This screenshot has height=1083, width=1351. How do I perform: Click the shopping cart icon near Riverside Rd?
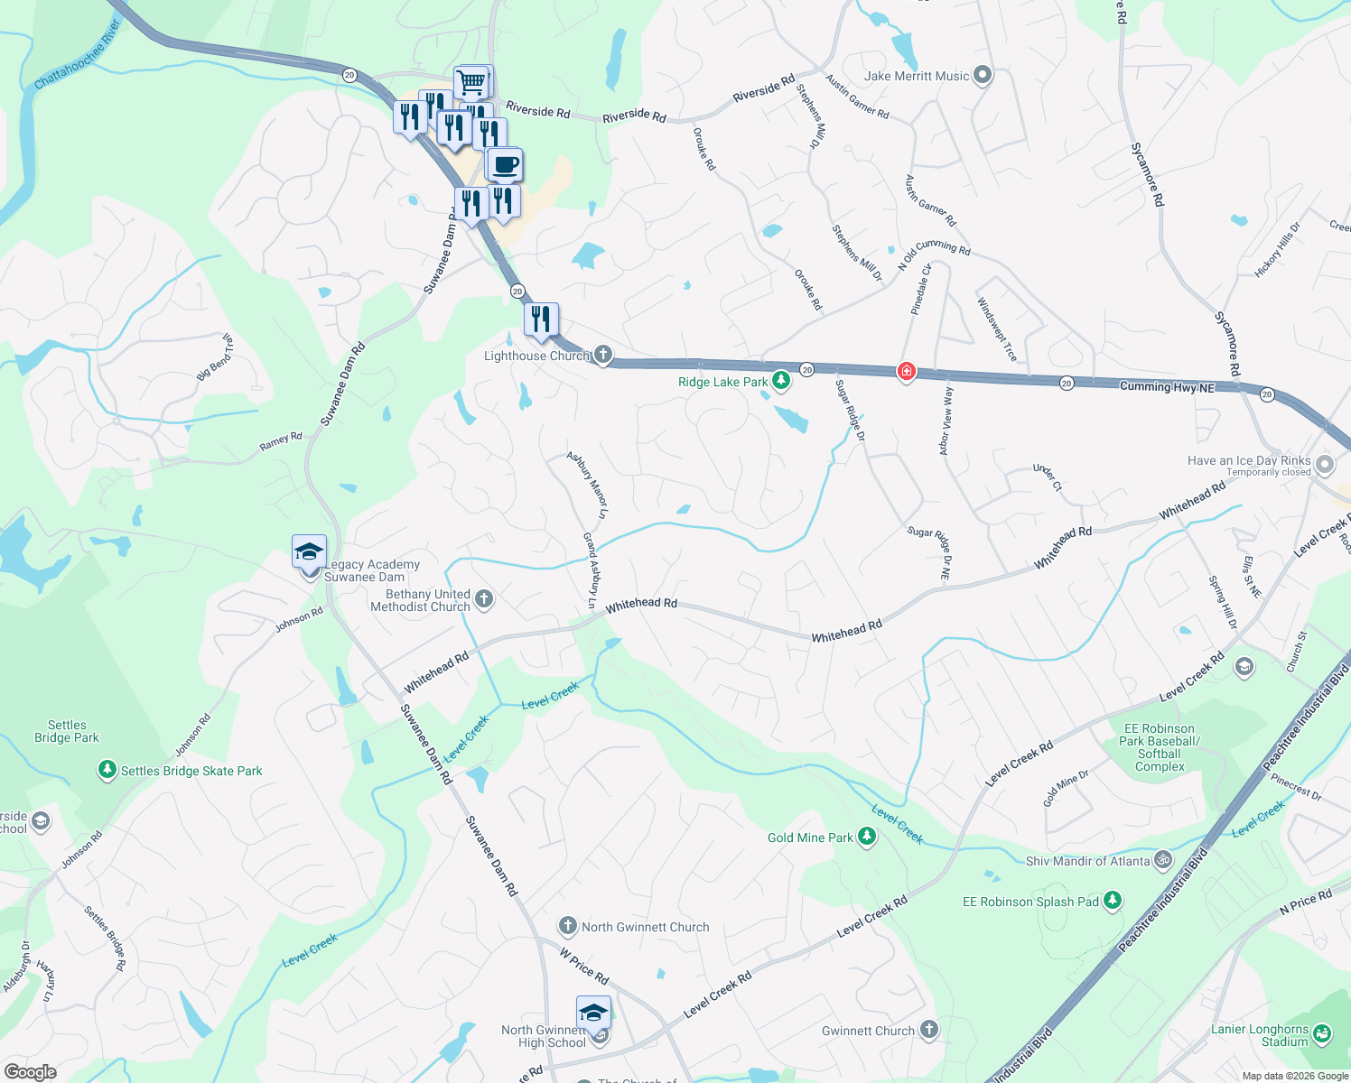point(471,82)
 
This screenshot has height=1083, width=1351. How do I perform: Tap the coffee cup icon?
point(506,164)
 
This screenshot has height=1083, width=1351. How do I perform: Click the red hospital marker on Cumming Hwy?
point(907,371)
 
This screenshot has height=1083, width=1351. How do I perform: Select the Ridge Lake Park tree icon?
point(781,381)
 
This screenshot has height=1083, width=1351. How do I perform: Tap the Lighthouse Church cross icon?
point(602,355)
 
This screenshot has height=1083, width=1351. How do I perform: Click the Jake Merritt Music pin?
point(983,76)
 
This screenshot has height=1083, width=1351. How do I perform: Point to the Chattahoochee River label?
point(77,56)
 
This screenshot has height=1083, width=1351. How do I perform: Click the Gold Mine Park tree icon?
point(867,838)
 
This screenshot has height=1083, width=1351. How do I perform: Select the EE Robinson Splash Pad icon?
point(1113,901)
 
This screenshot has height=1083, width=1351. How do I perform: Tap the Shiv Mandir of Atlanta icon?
point(1163,860)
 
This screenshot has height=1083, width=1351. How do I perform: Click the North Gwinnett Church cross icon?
point(567,926)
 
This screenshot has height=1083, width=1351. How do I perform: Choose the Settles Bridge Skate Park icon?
point(107,770)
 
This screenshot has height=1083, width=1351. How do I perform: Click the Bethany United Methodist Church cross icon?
point(484,599)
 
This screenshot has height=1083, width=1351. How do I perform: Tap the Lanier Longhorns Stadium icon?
point(1322,1033)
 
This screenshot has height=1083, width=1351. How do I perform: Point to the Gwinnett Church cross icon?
point(928,1030)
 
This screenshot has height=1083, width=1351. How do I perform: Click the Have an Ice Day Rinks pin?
point(1325,465)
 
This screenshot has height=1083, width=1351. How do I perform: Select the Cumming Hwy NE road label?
point(1167,387)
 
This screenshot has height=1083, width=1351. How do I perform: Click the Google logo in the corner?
point(30,1071)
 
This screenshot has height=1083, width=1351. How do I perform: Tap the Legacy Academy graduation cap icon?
point(309,551)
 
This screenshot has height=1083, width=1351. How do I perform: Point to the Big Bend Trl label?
point(216,357)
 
